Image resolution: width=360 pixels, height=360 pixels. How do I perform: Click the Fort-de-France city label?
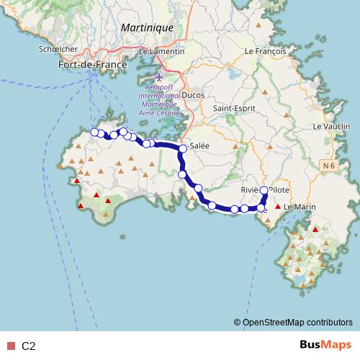point(91,65)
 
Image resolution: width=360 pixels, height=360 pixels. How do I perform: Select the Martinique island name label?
point(148,27)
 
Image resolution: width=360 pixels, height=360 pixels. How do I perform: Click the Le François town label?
point(266,52)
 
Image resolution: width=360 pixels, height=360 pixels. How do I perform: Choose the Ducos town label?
point(194,94)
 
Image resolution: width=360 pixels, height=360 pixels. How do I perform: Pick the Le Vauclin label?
point(332,127)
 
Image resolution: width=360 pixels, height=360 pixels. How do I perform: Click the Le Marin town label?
point(300,207)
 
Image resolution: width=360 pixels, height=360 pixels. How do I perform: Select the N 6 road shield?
point(329,166)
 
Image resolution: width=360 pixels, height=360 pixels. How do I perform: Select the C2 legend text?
point(29,346)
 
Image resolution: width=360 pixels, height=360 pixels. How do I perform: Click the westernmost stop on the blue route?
point(94,132)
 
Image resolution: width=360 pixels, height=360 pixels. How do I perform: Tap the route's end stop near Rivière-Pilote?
point(264,190)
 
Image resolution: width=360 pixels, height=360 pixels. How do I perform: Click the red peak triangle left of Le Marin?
point(278,207)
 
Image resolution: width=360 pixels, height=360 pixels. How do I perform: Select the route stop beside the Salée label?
point(183,149)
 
